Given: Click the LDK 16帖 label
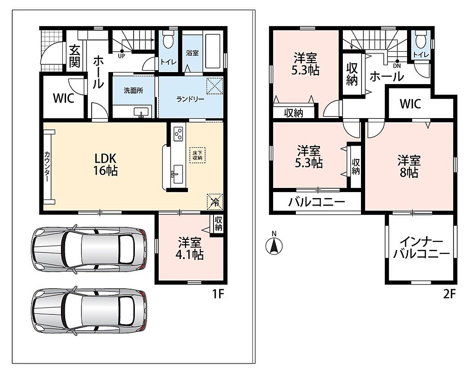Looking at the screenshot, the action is [105, 164].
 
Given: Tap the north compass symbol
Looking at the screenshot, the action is [274, 244].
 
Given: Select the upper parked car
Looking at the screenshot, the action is [89, 249].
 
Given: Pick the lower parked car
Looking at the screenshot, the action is [89, 311].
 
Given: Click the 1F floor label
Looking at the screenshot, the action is [218, 294].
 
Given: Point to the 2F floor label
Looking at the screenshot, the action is [449, 294].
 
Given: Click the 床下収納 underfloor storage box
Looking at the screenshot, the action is [198, 155].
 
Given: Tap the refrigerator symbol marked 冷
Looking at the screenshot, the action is [215, 202].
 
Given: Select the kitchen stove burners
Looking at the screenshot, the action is [179, 133].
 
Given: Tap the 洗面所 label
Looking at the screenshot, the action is [134, 90].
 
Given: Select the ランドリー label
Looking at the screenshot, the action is [190, 99].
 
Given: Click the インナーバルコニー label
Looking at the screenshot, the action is [421, 247].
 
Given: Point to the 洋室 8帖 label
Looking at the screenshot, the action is [409, 166].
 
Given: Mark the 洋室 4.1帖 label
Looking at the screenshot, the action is [189, 248].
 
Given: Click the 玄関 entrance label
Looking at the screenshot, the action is [74, 56].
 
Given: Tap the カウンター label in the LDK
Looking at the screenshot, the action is [47, 167].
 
